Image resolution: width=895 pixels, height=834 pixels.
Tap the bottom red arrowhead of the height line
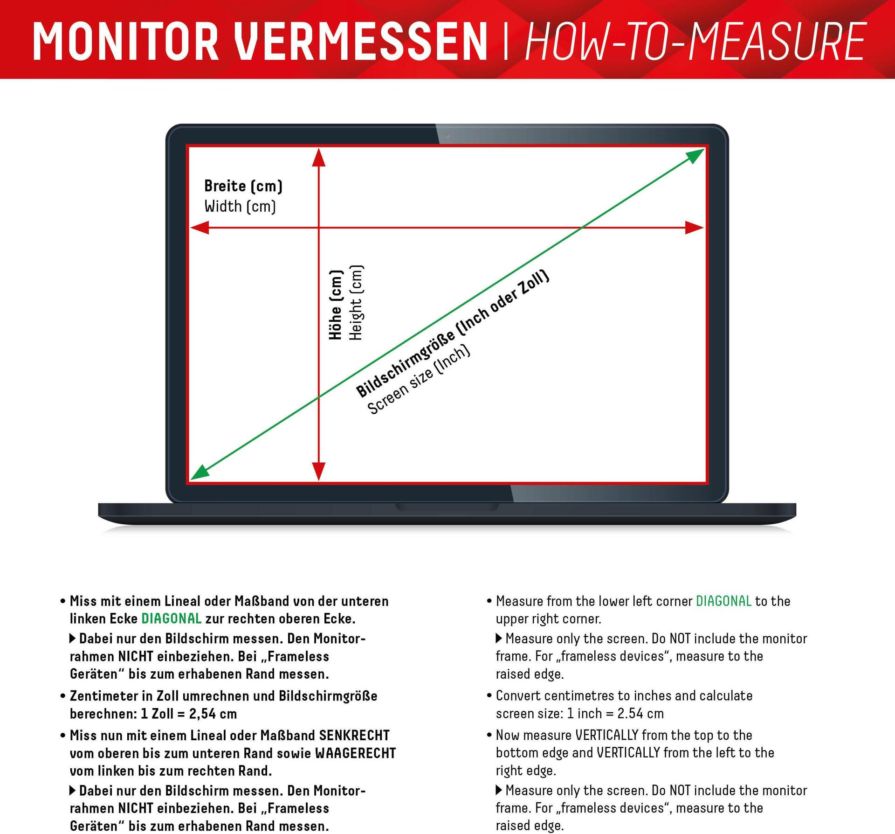point(319,471)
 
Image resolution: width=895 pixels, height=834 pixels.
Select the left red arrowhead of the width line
point(200,228)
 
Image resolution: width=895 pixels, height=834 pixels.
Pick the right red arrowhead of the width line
point(694,228)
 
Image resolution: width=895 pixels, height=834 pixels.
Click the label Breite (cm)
point(243,186)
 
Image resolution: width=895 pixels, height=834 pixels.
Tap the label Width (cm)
point(240,206)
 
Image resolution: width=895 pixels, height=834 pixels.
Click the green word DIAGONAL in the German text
point(172,619)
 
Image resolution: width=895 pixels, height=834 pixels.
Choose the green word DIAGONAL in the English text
point(723,601)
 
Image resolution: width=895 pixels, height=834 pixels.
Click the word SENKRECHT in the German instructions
point(354,736)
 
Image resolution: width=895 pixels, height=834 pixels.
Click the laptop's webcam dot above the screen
point(448,136)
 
